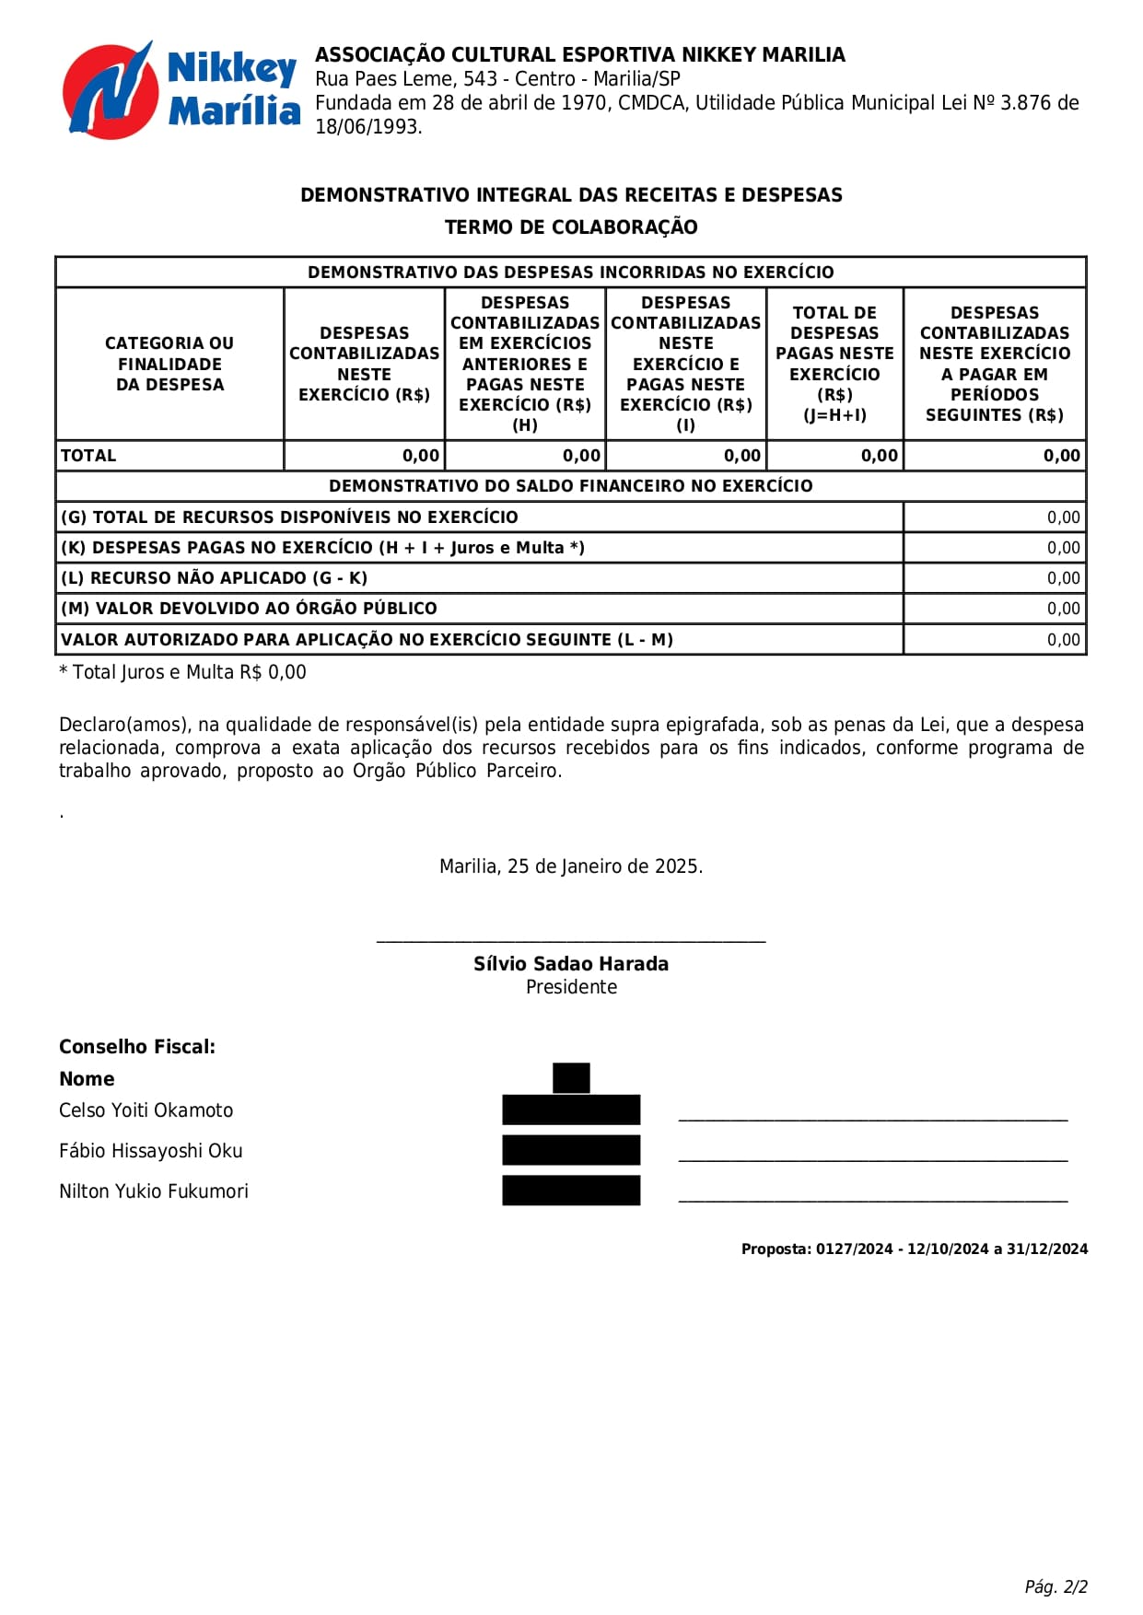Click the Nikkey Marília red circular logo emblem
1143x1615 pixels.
tap(109, 91)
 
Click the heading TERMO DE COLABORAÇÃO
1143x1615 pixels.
tap(571, 227)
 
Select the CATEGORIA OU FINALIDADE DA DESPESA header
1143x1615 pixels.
tap(169, 364)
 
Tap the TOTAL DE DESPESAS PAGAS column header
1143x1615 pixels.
tap(834, 364)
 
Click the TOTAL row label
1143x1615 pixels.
tap(88, 456)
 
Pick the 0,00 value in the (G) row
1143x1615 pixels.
tap(1063, 517)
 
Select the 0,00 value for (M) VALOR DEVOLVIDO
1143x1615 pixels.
tap(1063, 609)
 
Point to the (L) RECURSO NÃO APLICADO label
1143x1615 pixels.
tap(215, 578)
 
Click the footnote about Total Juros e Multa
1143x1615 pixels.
tap(182, 672)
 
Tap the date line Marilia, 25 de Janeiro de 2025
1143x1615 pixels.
tap(571, 866)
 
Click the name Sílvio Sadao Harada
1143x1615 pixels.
tap(571, 964)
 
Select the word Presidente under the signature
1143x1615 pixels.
tap(571, 987)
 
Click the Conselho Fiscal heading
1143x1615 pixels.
tap(137, 1047)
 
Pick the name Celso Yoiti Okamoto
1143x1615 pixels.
tap(146, 1110)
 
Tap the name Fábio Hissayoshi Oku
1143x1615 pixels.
tap(151, 1151)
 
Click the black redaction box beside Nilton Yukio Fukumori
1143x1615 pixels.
tap(571, 1191)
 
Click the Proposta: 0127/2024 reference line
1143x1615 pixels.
tap(915, 1249)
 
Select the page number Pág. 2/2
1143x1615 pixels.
tap(1056, 1586)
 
